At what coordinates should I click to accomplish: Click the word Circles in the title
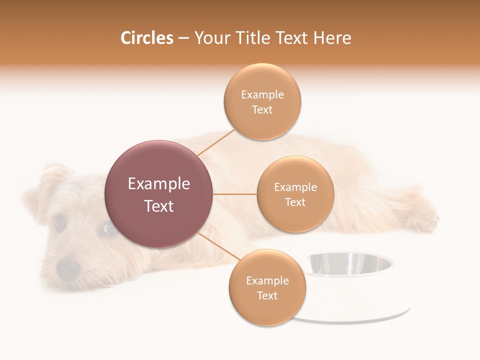tap(146, 38)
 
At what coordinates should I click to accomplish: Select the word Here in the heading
tap(332, 38)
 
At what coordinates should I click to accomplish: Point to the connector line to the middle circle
tap(234, 194)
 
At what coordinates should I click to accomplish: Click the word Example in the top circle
tap(262, 95)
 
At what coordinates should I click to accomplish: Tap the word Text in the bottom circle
tap(267, 295)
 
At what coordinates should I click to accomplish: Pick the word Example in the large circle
tap(158, 184)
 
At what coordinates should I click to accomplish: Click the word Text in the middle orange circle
tap(295, 202)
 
